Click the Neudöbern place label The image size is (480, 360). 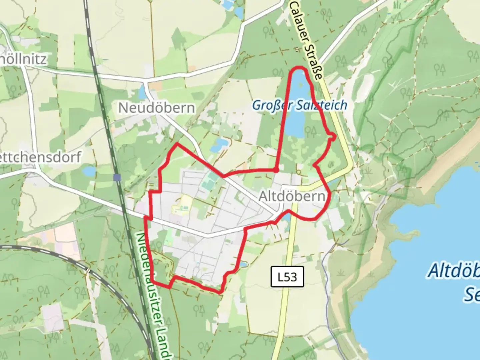click(156, 108)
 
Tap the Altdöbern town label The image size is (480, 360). click(292, 197)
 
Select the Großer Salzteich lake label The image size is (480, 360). click(299, 105)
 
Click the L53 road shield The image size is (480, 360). click(287, 276)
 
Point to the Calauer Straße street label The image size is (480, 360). click(306, 39)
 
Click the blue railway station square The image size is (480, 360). click(117, 177)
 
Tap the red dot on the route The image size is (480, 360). click(276, 170)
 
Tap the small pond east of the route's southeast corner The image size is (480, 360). click(244, 265)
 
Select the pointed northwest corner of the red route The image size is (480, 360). click(177, 144)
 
